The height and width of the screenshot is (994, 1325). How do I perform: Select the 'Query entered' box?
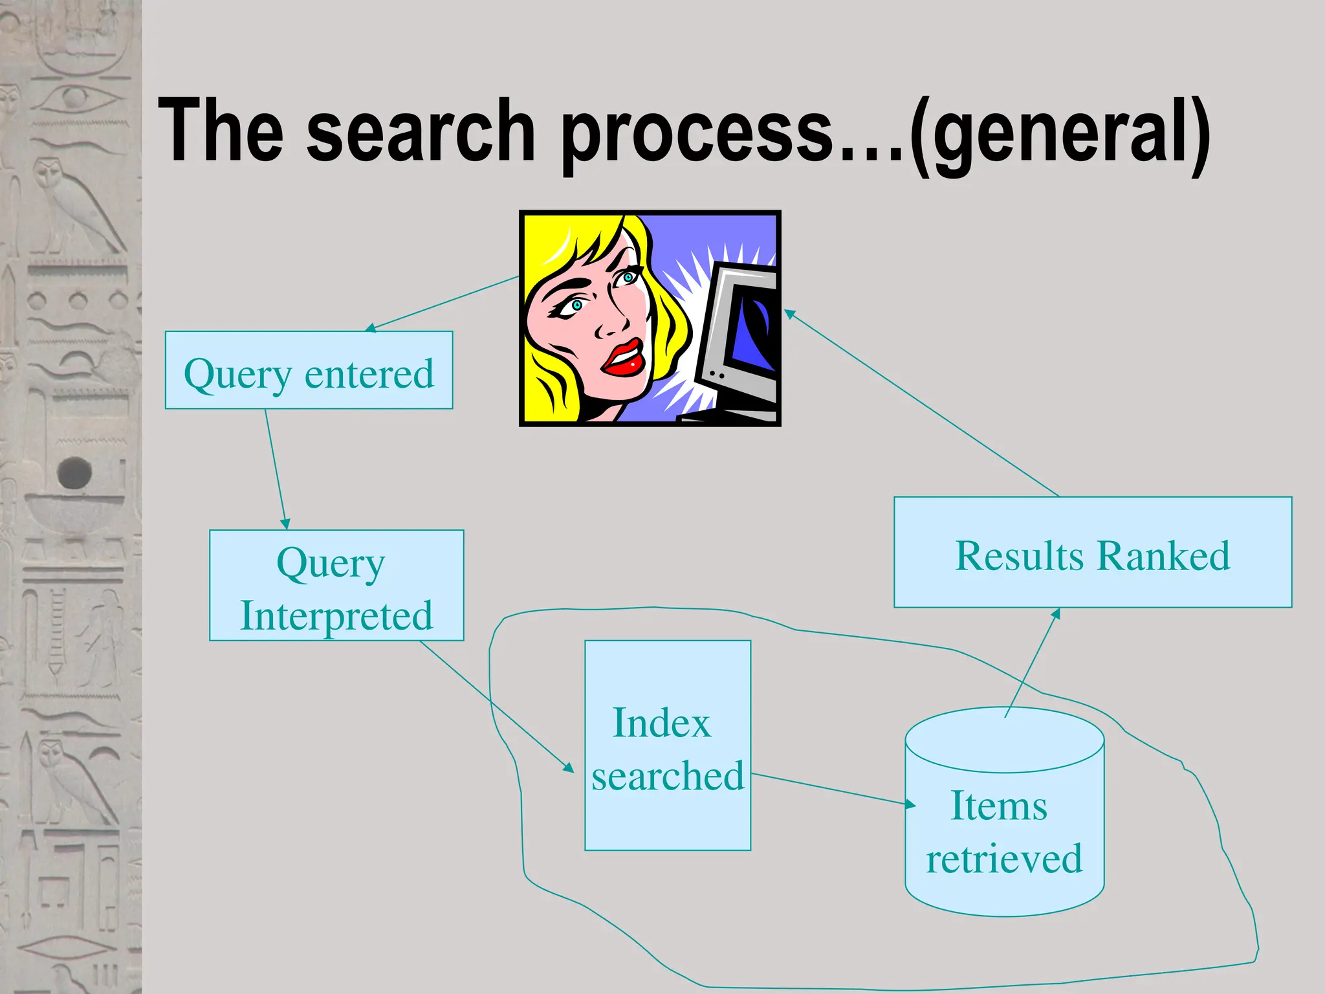tap(309, 370)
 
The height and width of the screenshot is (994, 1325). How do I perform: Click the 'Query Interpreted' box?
tap(336, 586)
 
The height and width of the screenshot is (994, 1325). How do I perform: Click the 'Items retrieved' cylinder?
tap(1004, 835)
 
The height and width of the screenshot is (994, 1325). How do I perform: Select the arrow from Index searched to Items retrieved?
tap(831, 789)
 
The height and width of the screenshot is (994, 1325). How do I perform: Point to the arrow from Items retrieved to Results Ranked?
tap(1033, 663)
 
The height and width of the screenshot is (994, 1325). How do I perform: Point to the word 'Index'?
tap(661, 723)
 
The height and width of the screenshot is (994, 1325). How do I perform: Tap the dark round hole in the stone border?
tap(74, 472)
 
